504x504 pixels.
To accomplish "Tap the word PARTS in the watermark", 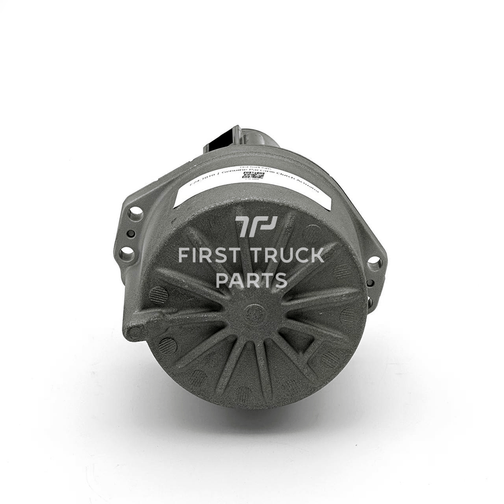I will click(x=251, y=280).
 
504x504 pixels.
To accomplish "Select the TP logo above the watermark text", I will click(x=256, y=227).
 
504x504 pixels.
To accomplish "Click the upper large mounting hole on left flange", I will click(x=135, y=213).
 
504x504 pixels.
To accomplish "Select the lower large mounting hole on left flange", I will click(x=127, y=253).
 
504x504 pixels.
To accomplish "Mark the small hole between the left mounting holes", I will click(x=130, y=234).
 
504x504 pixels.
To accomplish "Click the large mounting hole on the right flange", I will click(x=374, y=263).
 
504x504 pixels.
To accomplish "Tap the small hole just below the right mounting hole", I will click(x=371, y=283).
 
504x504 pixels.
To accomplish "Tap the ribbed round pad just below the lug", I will click(x=167, y=346).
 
